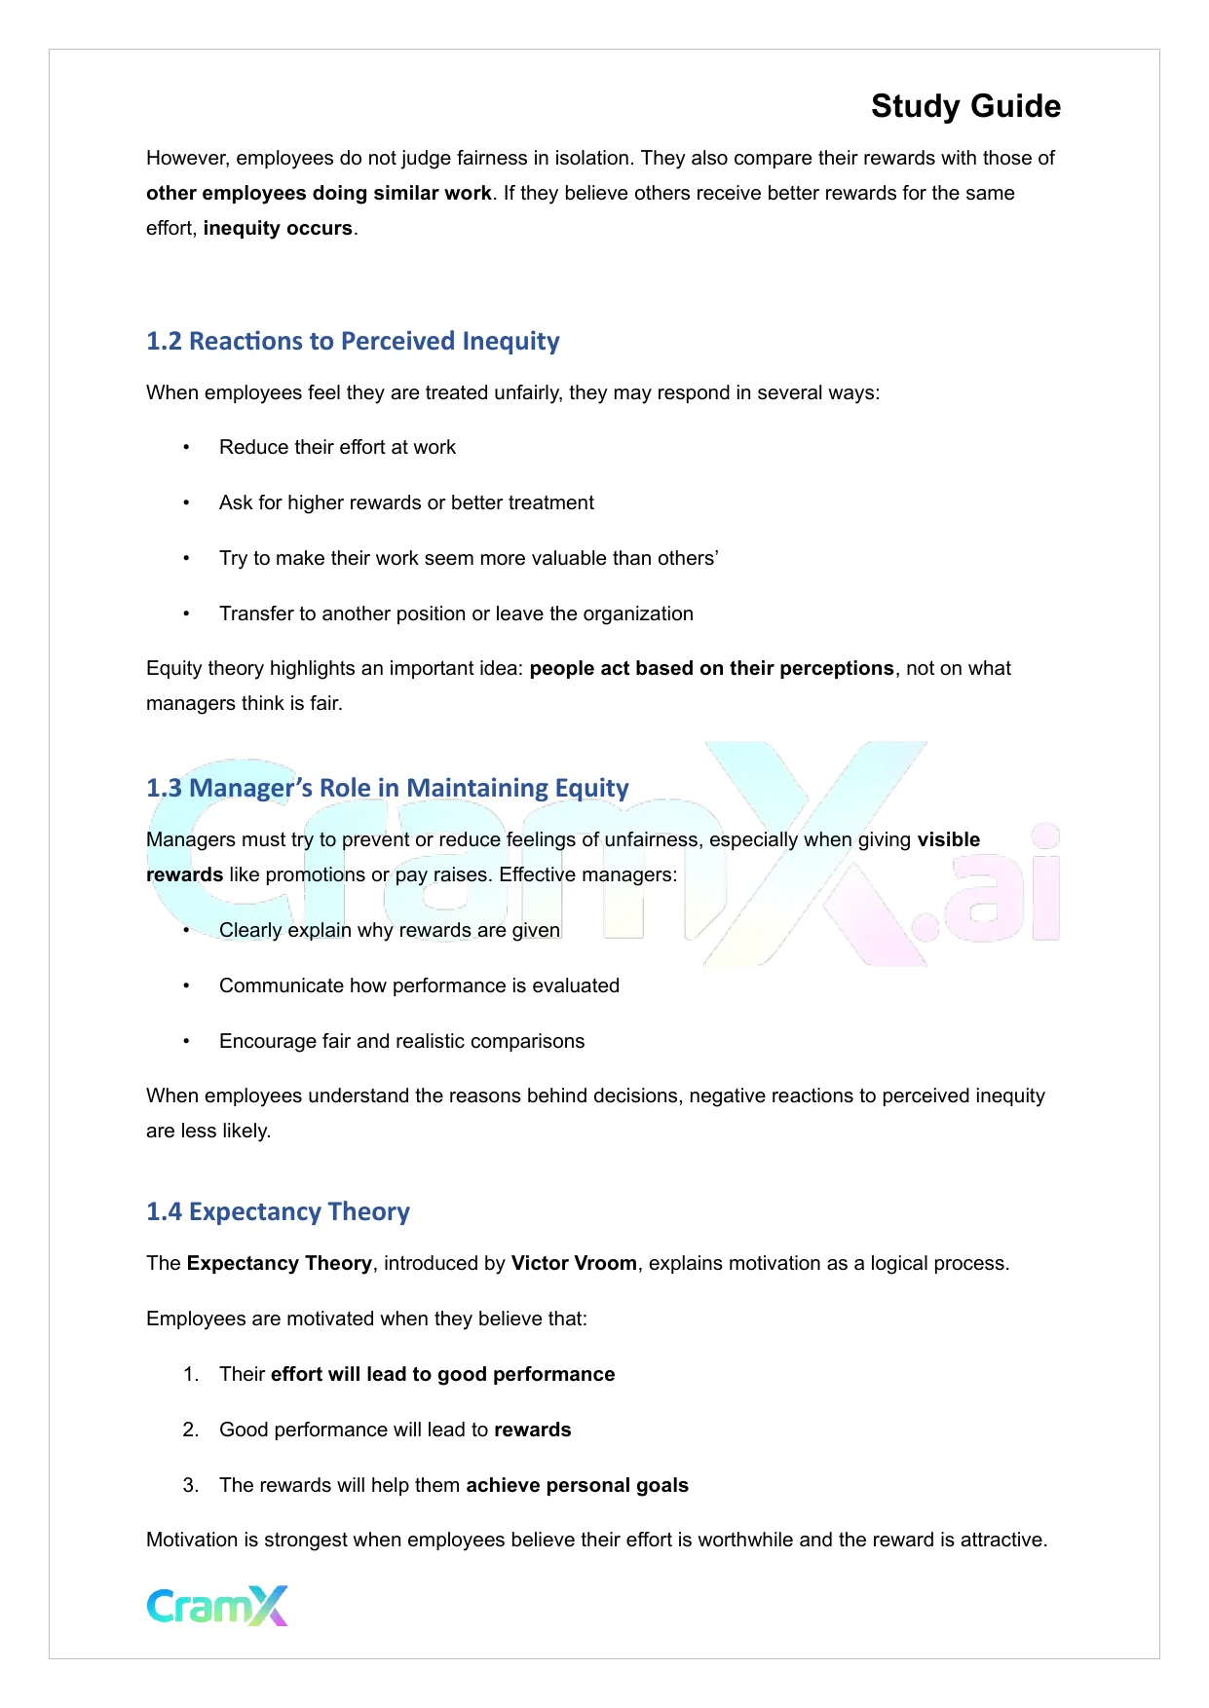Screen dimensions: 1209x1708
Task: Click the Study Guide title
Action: pyautogui.click(x=965, y=106)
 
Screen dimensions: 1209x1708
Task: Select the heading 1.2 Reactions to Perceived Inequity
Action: pyautogui.click(x=353, y=341)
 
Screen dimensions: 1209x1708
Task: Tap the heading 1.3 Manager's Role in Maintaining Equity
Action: pyautogui.click(x=387, y=787)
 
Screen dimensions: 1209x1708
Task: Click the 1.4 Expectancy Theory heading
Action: pyautogui.click(x=278, y=1211)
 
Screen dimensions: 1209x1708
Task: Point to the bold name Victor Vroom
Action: pyautogui.click(x=574, y=1263)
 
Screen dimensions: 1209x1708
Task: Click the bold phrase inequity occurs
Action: pyautogui.click(x=278, y=228)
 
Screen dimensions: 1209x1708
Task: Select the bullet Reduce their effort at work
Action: pyautogui.click(x=337, y=447)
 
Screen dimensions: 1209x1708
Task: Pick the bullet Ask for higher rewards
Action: pyautogui.click(x=406, y=502)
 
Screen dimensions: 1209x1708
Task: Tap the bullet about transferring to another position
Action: pyautogui.click(x=456, y=613)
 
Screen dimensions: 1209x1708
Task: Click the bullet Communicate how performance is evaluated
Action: pyautogui.click(x=419, y=985)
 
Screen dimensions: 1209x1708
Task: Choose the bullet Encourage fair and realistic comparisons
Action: pyautogui.click(x=401, y=1041)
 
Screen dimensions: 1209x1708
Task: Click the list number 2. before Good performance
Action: pyautogui.click(x=191, y=1430)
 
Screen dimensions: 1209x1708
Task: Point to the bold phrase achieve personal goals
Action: pyautogui.click(x=577, y=1485)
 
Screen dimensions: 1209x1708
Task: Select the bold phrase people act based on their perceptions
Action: pyautogui.click(x=711, y=668)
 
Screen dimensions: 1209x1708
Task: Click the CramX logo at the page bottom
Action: pyautogui.click(x=217, y=1606)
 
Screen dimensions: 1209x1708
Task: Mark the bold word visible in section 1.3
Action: pyautogui.click(x=948, y=839)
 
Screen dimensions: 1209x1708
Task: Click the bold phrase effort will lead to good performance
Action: pyautogui.click(x=442, y=1374)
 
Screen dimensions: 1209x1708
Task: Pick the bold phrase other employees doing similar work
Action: pyautogui.click(x=319, y=193)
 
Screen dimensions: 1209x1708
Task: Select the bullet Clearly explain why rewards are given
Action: pyautogui.click(x=389, y=930)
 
